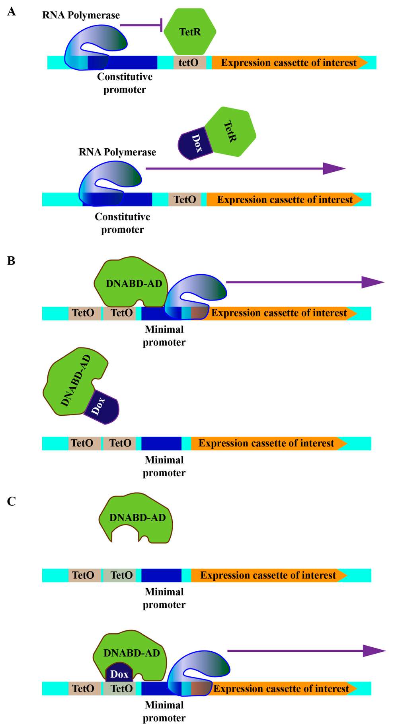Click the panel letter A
[12, 12]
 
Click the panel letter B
[11, 261]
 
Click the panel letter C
[12, 501]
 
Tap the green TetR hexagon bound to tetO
[190, 32]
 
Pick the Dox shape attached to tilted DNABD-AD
[102, 407]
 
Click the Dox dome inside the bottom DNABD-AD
[119, 674]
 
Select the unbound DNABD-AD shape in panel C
[137, 518]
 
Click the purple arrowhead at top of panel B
[372, 282]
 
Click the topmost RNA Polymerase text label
[81, 15]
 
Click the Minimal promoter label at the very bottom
[164, 711]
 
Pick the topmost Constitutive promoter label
[125, 83]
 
